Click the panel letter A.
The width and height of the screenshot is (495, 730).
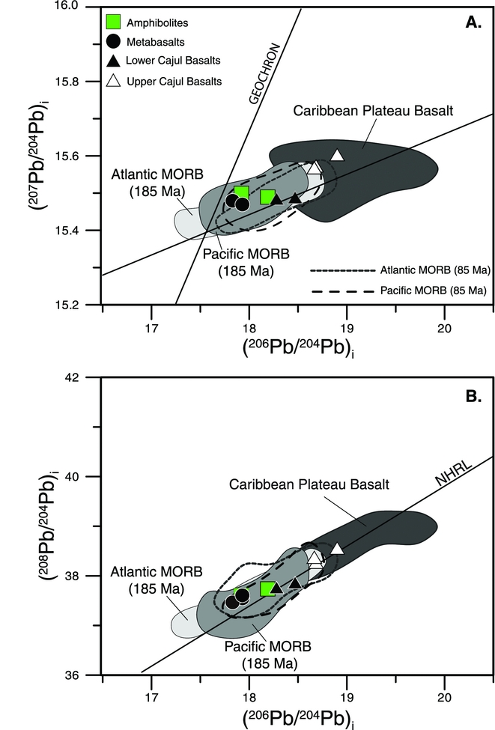click(x=473, y=22)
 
